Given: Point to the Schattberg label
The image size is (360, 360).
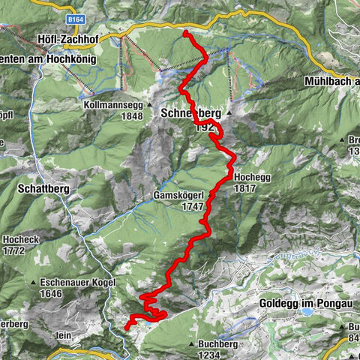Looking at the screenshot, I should pos(41,190).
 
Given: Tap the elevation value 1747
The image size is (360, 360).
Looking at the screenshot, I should pos(193,205).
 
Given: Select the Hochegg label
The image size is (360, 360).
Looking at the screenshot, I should pos(252,178).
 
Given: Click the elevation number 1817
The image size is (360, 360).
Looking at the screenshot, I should pos(247,189).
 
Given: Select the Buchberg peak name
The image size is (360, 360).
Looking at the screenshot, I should pos(219,344).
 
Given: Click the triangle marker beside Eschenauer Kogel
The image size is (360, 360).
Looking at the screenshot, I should pos(34,282).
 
